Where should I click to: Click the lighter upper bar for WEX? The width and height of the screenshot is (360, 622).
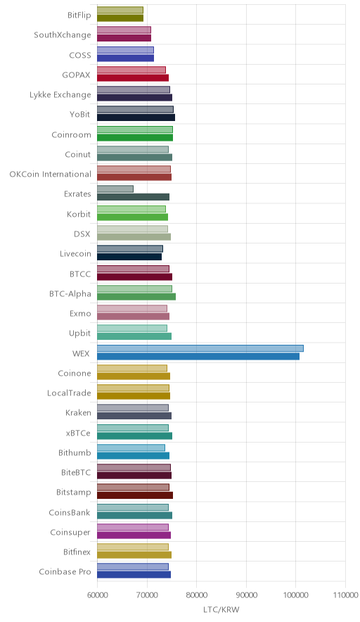200,348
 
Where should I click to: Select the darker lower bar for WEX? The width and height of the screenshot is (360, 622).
198,357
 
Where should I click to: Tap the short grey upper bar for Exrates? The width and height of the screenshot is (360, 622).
115,189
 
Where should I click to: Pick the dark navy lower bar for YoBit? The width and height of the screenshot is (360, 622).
136,118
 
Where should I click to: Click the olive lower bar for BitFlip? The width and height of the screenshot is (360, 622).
120,18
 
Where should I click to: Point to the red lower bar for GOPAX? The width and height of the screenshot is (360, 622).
133,77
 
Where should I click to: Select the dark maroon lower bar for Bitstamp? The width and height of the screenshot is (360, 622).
135,495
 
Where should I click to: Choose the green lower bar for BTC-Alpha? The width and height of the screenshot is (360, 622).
136,296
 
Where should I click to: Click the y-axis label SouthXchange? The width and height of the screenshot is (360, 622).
63,35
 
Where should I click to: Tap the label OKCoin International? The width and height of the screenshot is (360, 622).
51,174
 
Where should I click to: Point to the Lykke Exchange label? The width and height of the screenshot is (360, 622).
60,95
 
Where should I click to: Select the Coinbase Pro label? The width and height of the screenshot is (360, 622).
65,571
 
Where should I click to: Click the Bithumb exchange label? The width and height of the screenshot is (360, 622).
75,452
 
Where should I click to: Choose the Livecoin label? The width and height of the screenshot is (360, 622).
75,253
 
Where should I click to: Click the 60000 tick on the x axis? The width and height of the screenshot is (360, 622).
97,595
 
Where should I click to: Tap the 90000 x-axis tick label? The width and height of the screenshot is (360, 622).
246,595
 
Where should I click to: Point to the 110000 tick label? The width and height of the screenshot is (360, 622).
345,595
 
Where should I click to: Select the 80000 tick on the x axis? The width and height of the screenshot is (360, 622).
197,595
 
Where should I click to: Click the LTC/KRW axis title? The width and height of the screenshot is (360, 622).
221,610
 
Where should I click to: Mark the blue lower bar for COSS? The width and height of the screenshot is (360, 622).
125,58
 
